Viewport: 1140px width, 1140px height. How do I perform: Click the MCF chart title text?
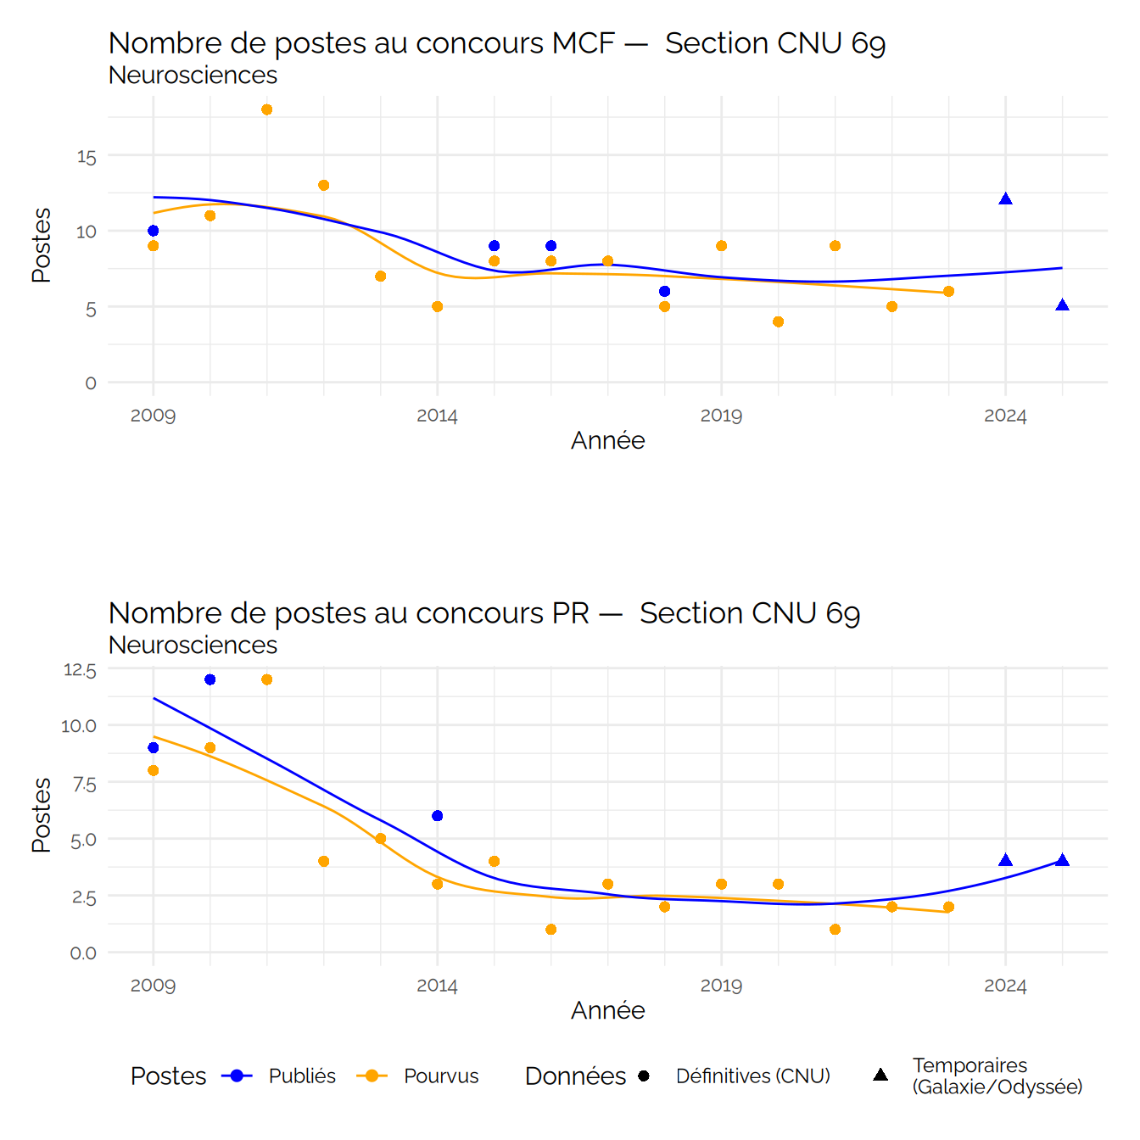coord(497,43)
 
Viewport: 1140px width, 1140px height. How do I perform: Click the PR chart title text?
coord(484,613)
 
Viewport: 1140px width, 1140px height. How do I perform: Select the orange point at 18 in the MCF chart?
coord(267,109)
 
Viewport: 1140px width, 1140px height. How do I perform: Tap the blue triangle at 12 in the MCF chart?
coord(1005,199)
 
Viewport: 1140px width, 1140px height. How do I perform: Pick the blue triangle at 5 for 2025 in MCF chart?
coord(1062,305)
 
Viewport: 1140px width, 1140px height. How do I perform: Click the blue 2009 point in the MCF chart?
coord(154,231)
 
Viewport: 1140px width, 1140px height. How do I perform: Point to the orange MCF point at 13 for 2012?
coord(324,185)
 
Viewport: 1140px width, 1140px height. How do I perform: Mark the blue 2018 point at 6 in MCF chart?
coord(665,291)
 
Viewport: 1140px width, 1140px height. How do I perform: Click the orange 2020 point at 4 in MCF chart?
coord(779,321)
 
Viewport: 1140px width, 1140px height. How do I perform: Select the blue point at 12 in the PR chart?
coord(210,679)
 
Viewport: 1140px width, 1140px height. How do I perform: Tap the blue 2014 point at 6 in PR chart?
coord(438,816)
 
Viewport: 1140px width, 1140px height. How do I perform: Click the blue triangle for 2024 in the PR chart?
coord(1005,861)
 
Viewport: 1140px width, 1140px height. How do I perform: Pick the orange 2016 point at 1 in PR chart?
coord(551,930)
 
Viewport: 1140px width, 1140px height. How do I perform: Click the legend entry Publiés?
coord(302,1076)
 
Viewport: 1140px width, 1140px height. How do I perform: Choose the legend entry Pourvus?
coord(441,1076)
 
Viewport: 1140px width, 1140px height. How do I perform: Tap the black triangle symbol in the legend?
coord(880,1075)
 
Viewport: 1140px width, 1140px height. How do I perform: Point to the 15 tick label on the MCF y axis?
coord(87,157)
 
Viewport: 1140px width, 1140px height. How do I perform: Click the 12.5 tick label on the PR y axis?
coord(80,670)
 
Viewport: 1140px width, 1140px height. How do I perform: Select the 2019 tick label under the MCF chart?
coord(721,416)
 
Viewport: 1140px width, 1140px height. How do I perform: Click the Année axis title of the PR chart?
coord(607,1010)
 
